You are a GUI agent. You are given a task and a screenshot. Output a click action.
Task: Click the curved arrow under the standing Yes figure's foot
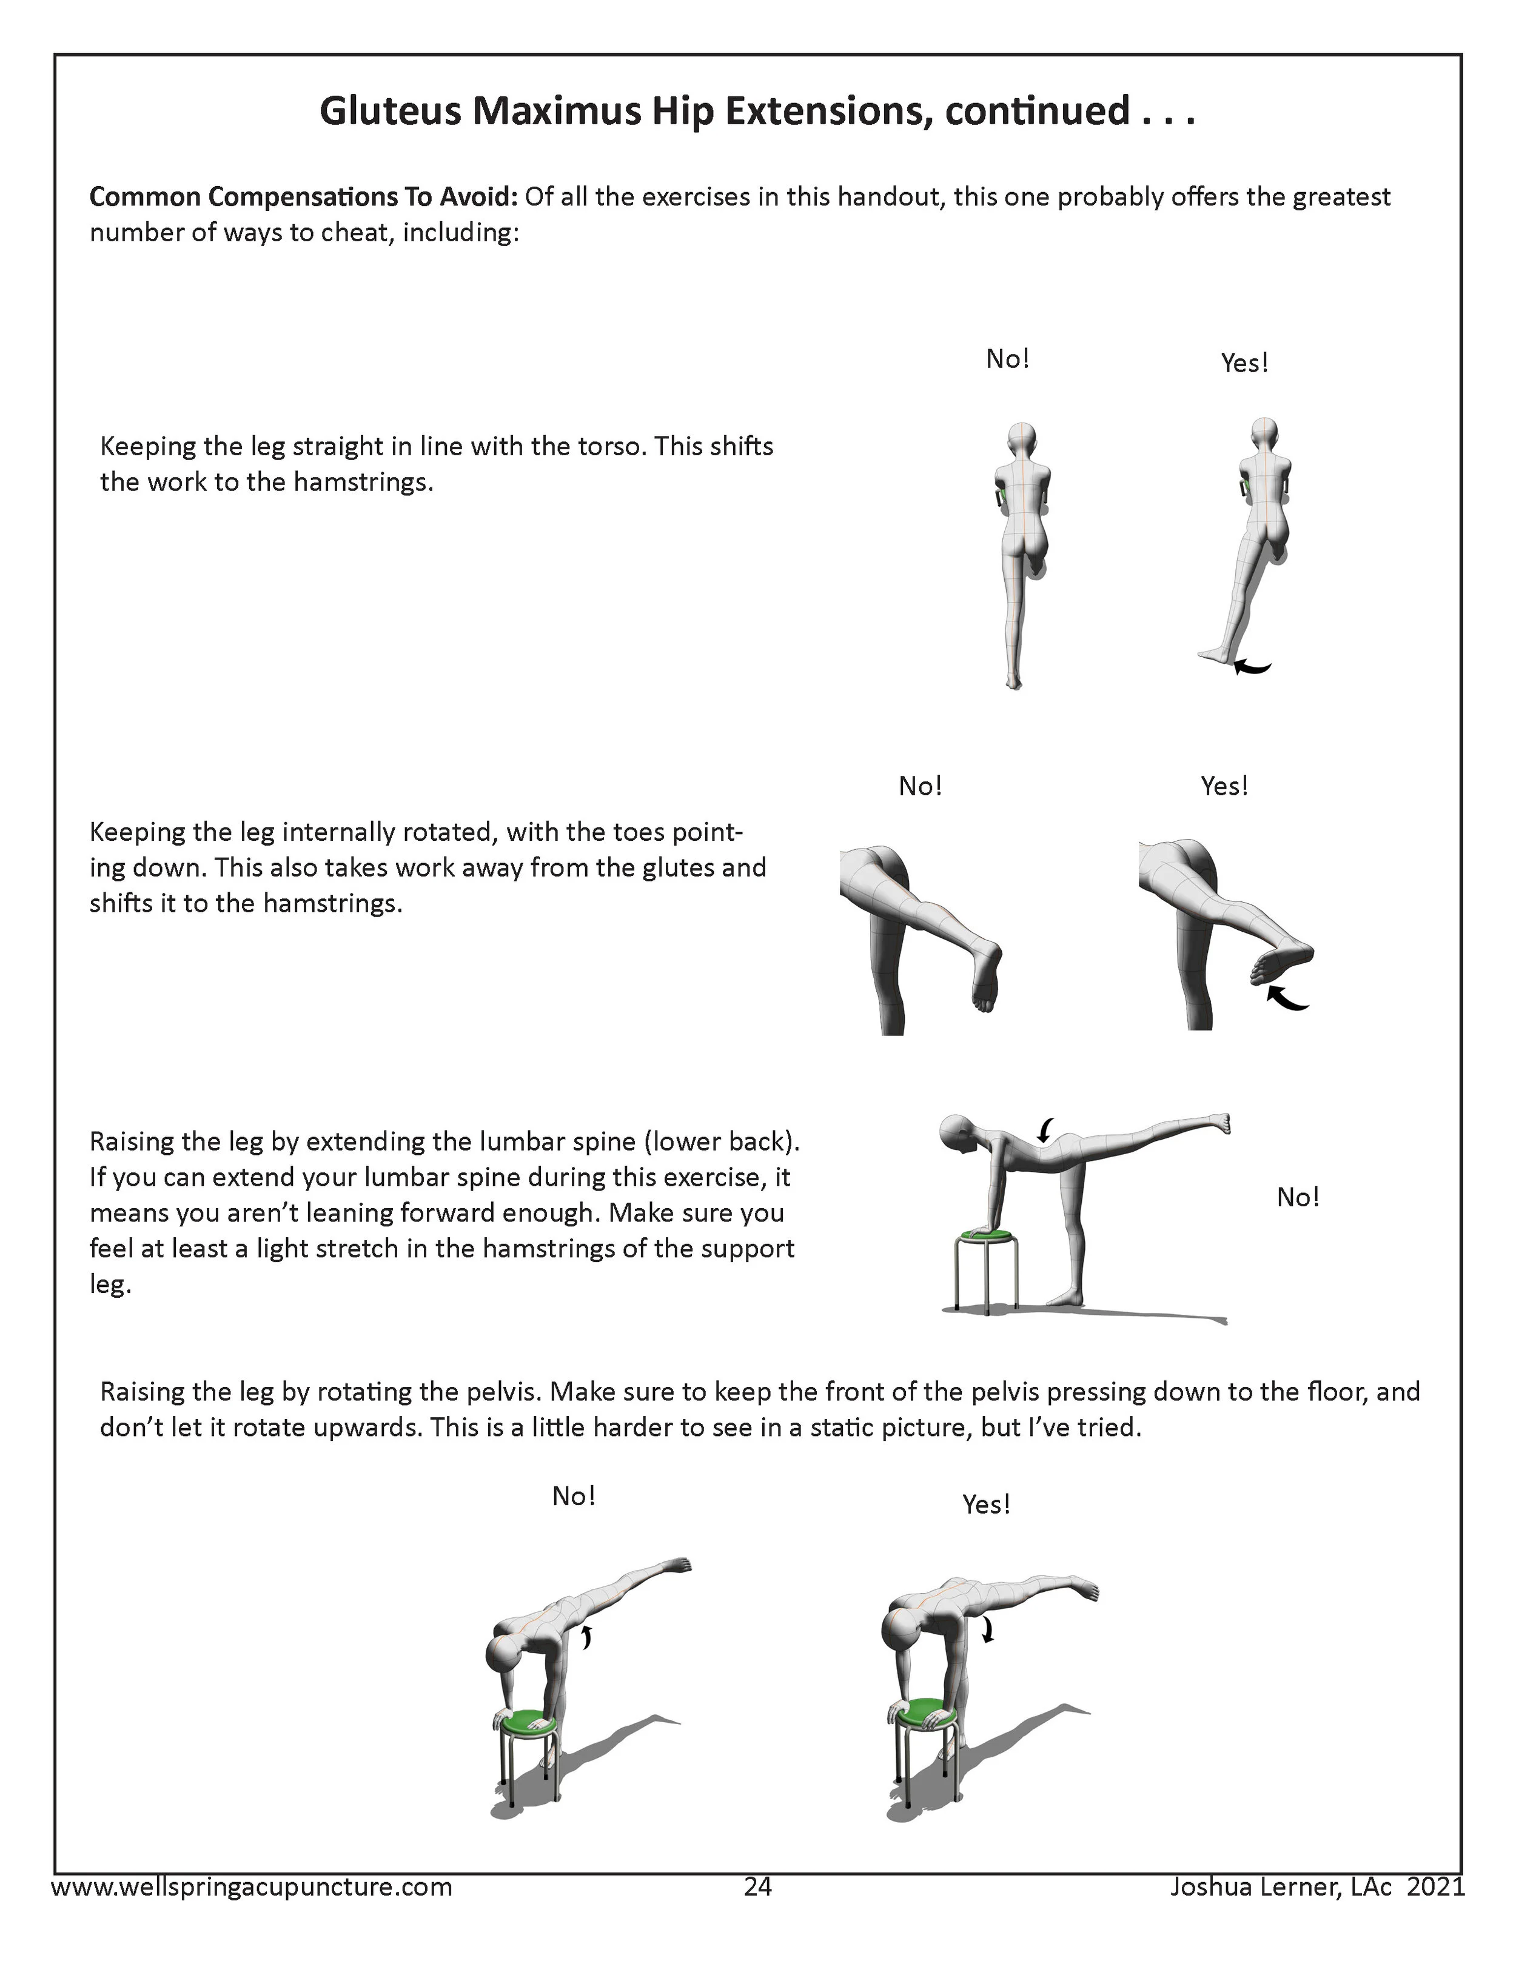tap(1253, 666)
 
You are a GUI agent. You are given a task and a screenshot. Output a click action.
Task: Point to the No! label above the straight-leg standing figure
tap(1007, 359)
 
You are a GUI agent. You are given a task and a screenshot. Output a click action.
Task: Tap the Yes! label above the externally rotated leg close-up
tap(1224, 787)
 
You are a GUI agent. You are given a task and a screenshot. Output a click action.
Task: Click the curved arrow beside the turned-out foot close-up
tap(1287, 998)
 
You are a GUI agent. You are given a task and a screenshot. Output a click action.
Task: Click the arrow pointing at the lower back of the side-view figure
tap(1046, 1129)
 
